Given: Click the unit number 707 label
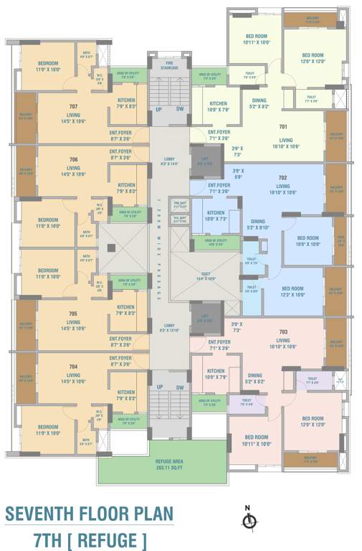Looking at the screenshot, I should pos(73,106).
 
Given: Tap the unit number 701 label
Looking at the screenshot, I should pos(282,127).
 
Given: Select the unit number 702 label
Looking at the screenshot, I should pos(282,177).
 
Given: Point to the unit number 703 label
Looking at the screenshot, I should pos(282,332).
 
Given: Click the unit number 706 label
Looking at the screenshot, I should pos(73,159).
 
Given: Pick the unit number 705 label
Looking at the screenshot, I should pos(73,314).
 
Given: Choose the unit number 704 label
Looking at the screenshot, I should pos(73,367).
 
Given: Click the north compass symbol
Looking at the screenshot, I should pos(248,521).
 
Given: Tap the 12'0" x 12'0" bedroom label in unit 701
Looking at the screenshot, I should pos(313,58).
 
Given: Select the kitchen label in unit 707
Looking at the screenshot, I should pos(126,103).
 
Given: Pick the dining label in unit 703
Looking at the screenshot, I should pos(254,377).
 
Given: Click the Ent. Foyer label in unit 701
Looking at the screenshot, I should pos(219,135).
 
